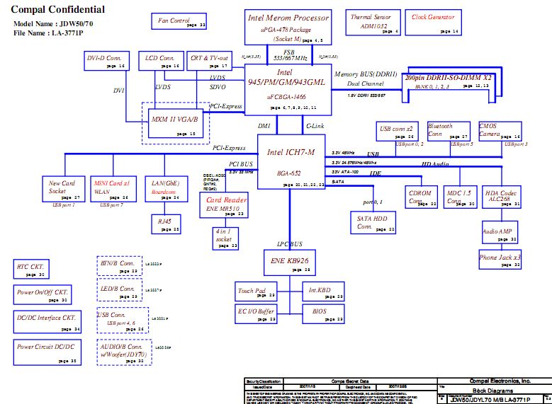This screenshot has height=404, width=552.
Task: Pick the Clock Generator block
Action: [434, 23]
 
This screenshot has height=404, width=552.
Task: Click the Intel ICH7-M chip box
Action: [291, 162]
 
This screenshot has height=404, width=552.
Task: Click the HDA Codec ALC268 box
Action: [502, 197]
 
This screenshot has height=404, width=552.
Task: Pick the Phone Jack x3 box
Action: [500, 258]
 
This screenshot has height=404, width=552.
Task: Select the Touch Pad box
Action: [252, 291]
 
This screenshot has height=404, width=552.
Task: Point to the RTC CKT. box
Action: [31, 270]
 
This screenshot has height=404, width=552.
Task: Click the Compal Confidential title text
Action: [59, 10]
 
